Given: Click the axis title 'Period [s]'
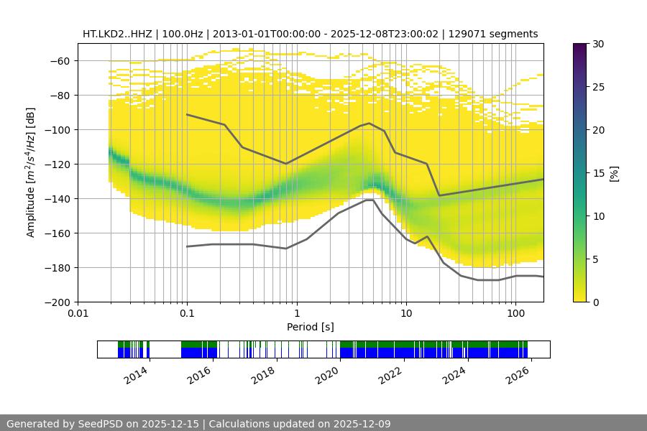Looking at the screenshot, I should [x=311, y=327].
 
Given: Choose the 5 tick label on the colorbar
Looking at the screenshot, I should [x=599, y=259].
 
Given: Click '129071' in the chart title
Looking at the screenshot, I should [x=465, y=34].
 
